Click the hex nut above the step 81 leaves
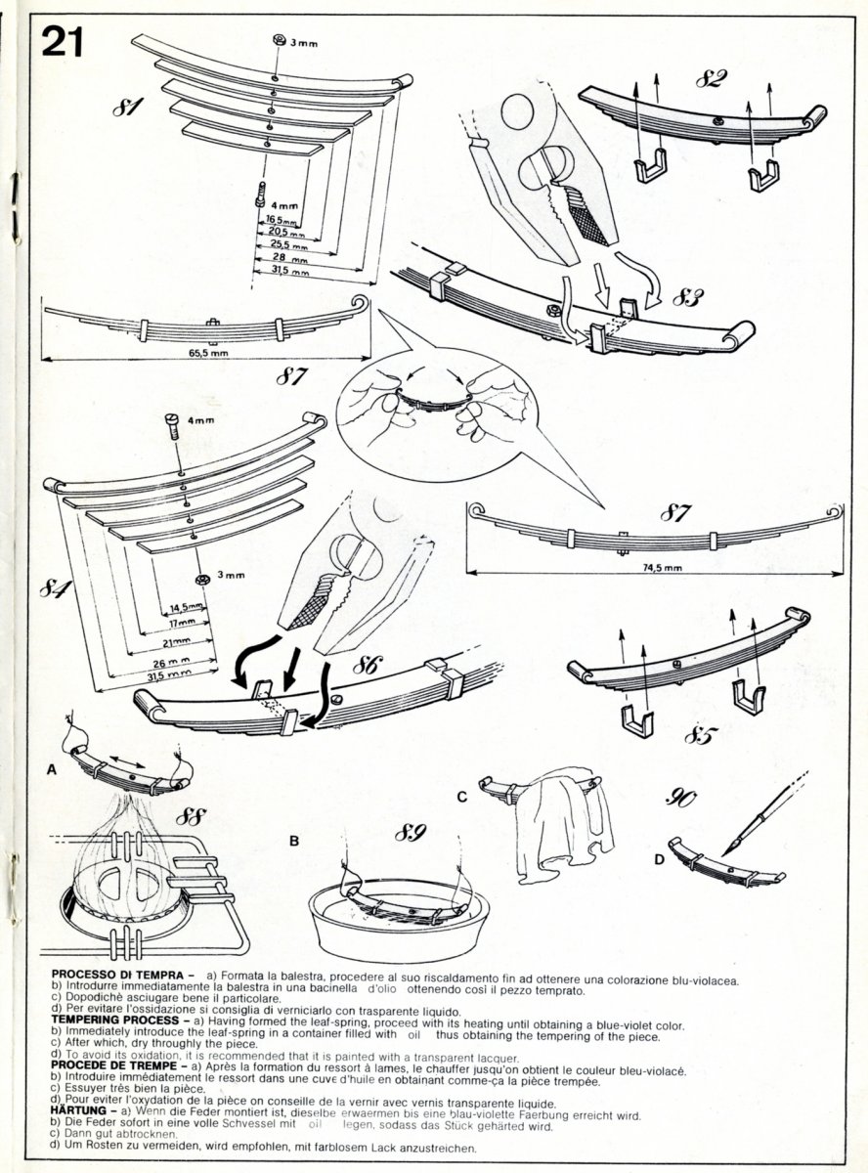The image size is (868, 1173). click(277, 41)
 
